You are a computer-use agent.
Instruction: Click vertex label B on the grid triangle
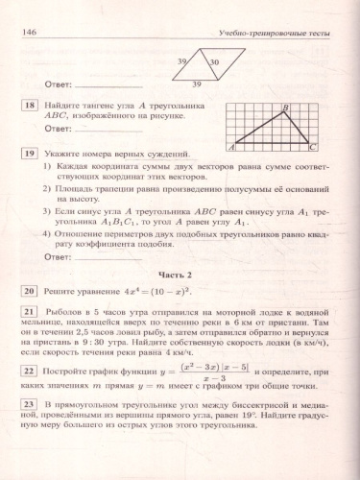(x=284, y=108)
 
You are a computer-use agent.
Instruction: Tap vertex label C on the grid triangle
(x=312, y=148)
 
